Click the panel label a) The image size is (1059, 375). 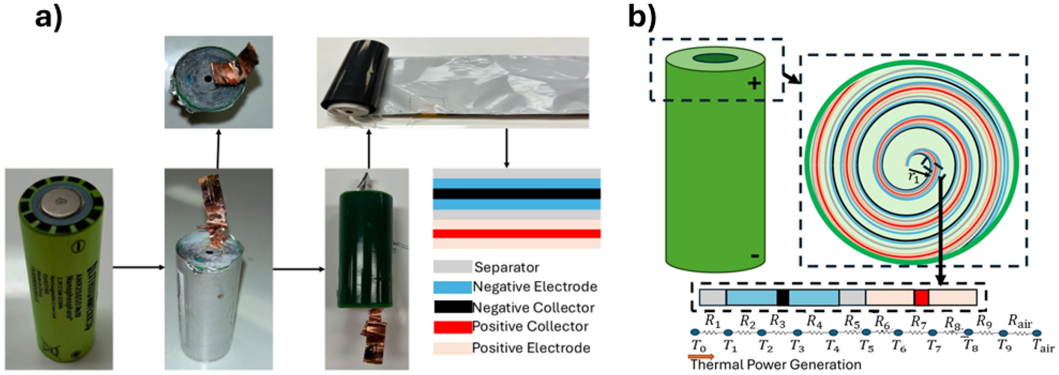click(48, 17)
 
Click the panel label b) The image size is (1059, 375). click(642, 17)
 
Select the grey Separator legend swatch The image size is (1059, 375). click(452, 267)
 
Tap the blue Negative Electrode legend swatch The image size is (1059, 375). click(452, 287)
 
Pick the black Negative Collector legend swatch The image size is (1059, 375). click(452, 307)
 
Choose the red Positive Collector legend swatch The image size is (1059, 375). click(452, 327)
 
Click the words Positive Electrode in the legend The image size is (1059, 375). click(531, 348)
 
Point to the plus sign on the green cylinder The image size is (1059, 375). click(754, 83)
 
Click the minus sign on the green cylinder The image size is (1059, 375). click(755, 257)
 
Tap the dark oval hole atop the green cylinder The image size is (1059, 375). click(716, 59)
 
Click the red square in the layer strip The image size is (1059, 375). click(921, 297)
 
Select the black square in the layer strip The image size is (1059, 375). click(783, 297)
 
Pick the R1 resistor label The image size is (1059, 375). click(712, 321)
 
